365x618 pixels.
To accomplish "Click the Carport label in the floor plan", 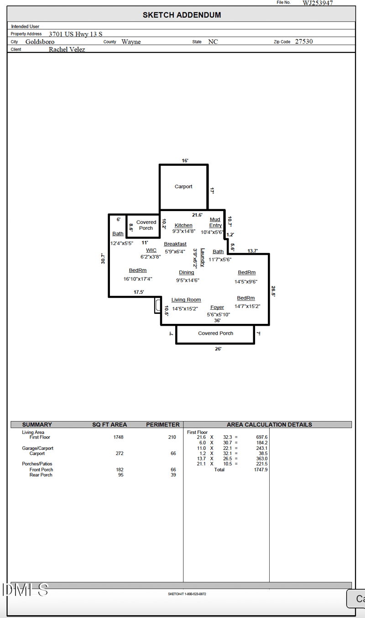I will coord(183,186).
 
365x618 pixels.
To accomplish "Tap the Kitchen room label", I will coord(183,225).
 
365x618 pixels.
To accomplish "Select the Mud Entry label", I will coord(215,222).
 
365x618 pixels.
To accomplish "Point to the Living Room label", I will coord(186,300).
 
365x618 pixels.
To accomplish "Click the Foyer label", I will coord(217,307).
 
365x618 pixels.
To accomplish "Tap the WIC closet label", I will coord(151,250).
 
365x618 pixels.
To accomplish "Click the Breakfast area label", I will coord(175,244).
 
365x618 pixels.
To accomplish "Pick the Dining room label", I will coord(186,272).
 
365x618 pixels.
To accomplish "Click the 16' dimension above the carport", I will coord(185,161).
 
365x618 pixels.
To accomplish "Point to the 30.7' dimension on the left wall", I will coord(104,259).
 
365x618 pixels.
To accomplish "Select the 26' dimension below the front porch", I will coord(218,349).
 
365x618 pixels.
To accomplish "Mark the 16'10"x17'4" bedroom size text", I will coord(138,279).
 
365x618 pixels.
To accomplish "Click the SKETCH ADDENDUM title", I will coord(182,15).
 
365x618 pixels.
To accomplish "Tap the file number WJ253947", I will coord(318,3).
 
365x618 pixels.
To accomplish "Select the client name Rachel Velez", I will coord(67,49).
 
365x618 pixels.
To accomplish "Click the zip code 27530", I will coord(304,41).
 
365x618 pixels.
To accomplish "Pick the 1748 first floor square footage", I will coord(118,437).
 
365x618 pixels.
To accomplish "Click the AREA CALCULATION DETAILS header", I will coord(269,424).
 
